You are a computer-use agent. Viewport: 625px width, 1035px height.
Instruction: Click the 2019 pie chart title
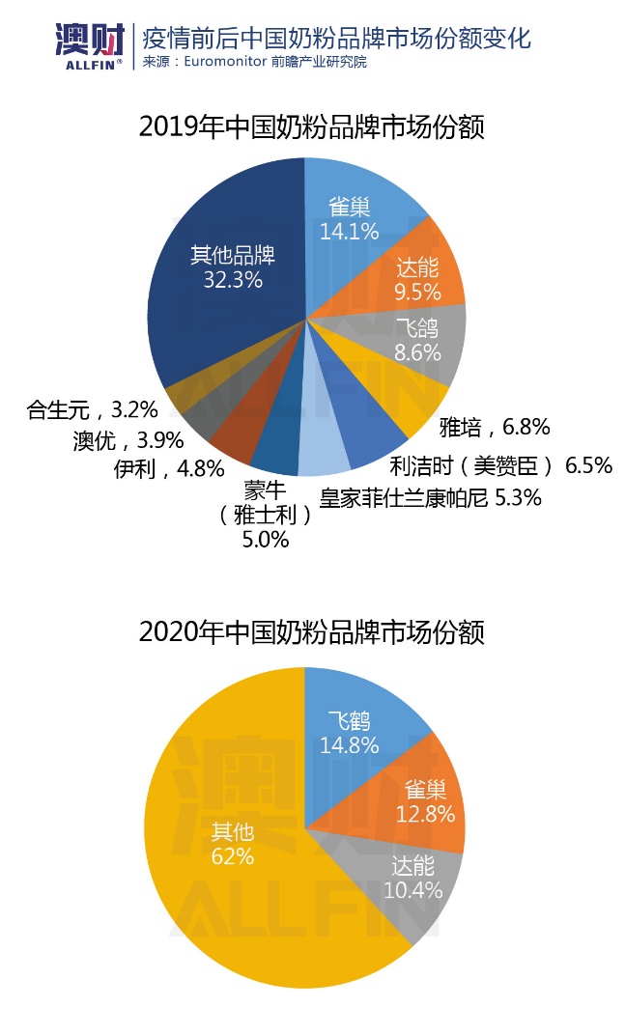tap(311, 127)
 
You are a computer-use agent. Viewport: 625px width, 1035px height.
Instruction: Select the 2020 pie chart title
tap(311, 632)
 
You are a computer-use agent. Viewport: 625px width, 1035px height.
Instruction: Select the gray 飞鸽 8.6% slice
tap(421, 338)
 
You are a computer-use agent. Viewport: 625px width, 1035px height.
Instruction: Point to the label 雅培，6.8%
tap(495, 426)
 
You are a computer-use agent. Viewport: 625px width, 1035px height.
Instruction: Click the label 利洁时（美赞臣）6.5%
tap(500, 465)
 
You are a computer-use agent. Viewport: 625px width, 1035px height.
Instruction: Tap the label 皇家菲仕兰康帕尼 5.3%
tap(431, 498)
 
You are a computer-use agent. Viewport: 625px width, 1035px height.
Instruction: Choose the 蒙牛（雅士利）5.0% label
tap(266, 515)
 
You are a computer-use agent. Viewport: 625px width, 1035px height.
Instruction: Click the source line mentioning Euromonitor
tap(255, 62)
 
